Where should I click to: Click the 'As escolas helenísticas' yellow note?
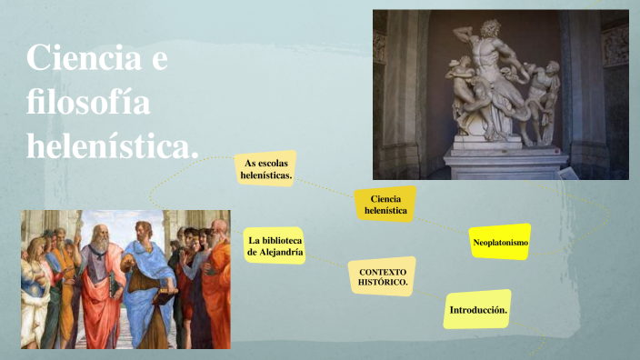pos(266,168)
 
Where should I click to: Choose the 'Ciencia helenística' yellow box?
pos(385,205)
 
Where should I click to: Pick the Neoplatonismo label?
pos(500,242)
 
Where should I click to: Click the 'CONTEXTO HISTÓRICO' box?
pos(382,277)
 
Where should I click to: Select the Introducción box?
pos(477,310)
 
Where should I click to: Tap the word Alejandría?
pos(275,252)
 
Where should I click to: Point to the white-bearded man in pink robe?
pos(98,282)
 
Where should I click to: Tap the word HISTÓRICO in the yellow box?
pos(382,284)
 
